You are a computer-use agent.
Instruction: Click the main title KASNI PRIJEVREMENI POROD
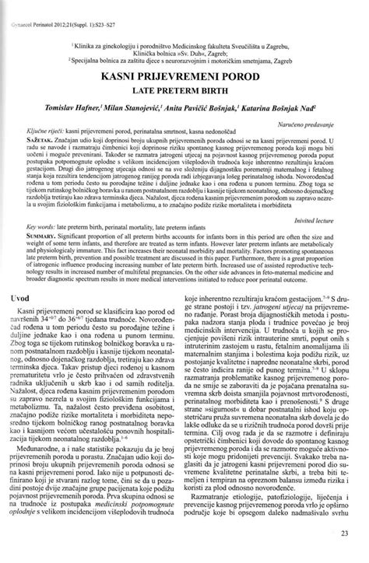pos(184,79)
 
